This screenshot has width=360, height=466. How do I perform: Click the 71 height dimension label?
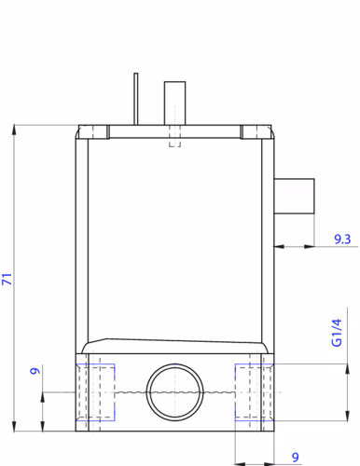point(7,279)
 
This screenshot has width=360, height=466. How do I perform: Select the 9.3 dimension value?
point(342,239)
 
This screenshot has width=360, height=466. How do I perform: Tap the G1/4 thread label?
point(337,333)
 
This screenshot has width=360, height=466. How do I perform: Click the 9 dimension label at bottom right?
point(296,457)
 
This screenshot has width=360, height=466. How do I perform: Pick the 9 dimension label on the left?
point(35,371)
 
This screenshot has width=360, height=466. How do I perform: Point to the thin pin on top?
point(136,99)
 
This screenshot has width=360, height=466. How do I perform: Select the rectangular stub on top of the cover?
point(174,103)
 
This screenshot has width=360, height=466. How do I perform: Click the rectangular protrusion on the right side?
point(294,196)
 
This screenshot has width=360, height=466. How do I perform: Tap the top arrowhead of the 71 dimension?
point(14,130)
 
